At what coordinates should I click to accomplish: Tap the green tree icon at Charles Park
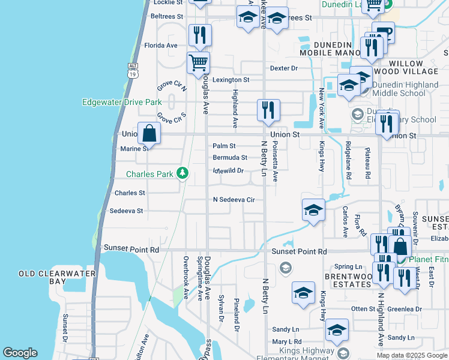point(183,174)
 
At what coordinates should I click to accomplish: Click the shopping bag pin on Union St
point(149,133)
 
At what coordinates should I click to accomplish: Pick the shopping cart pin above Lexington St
point(198,62)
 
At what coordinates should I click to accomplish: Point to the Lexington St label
point(231,80)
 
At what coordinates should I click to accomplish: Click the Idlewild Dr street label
point(228,170)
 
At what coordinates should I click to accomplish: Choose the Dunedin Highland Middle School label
point(406,89)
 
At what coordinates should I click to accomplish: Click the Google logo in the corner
point(20,353)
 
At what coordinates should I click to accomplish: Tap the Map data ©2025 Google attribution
point(412,355)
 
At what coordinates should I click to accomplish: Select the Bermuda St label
point(230,158)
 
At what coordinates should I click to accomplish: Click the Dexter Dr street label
point(284,68)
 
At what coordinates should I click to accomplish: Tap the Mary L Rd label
point(286,341)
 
